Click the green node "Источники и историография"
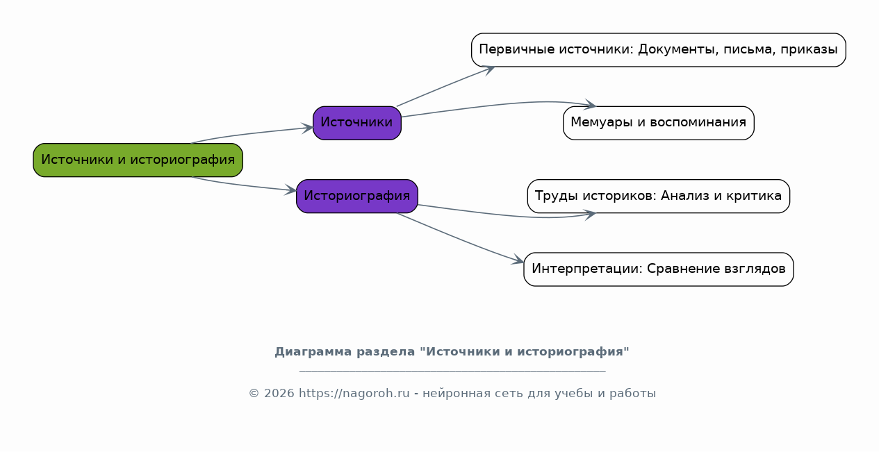point(138,160)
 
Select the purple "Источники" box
point(357,123)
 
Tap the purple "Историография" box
point(357,196)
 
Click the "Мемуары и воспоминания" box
point(659,123)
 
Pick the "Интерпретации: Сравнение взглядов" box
point(659,269)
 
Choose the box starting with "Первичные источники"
point(659,50)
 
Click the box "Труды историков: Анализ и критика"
point(659,196)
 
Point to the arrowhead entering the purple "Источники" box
point(307,128)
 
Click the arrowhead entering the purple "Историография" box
point(290,190)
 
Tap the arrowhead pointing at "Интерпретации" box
point(518,260)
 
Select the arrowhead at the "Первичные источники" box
point(488,70)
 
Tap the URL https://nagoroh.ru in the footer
point(354,393)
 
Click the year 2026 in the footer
point(279,393)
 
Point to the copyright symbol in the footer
point(254,393)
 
